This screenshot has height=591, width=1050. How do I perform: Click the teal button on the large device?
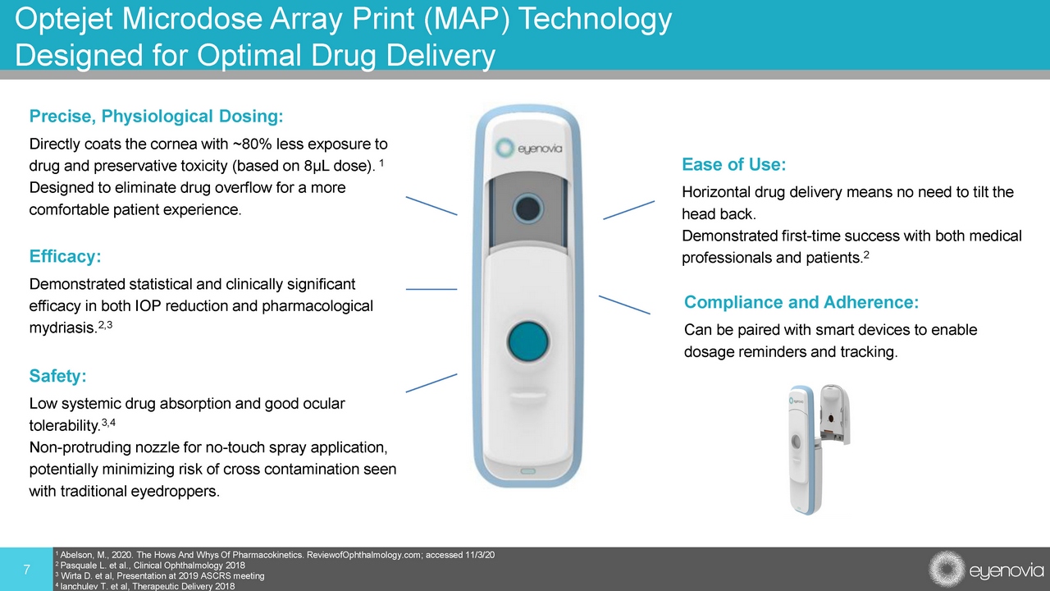tap(528, 341)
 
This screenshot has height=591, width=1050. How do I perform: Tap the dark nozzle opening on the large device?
tap(528, 208)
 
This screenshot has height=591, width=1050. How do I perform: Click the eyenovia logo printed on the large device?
tap(529, 149)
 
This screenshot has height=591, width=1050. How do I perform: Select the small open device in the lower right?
tap(819, 449)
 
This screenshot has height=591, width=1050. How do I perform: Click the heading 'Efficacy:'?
tap(65, 256)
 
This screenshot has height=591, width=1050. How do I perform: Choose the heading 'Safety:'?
tap(57, 376)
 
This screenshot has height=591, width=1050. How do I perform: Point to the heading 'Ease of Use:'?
tap(733, 164)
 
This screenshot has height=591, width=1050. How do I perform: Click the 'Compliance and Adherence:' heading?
tap(801, 302)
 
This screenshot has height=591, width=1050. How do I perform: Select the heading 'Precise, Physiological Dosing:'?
tap(156, 117)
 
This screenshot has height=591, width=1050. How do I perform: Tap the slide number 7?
tap(27, 570)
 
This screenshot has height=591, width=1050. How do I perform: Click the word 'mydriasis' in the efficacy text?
tap(62, 328)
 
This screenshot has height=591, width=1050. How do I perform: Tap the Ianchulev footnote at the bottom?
tap(145, 586)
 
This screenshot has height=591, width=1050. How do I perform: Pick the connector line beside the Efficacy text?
tap(431, 290)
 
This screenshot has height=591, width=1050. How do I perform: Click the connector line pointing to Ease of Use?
tap(628, 210)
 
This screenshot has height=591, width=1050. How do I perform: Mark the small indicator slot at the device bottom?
tap(527, 471)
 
